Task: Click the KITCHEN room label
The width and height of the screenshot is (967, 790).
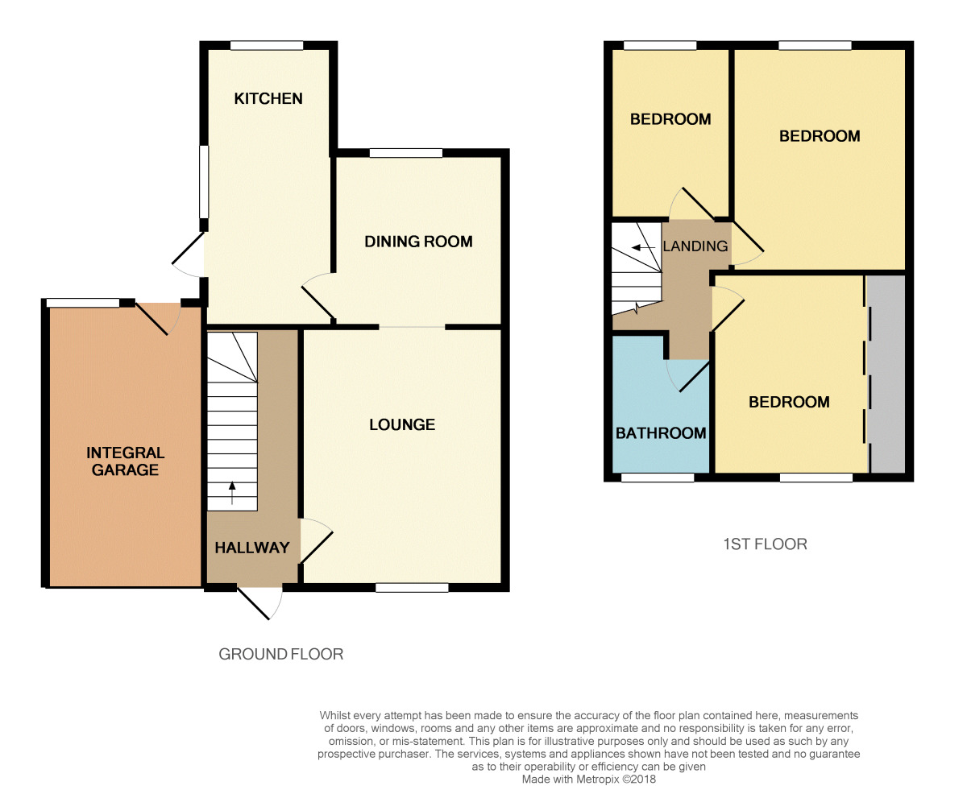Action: [268, 98]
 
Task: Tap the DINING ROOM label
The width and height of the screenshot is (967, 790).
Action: [418, 242]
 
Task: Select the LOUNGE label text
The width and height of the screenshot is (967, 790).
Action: [402, 424]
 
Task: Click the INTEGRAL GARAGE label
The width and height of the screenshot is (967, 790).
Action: [125, 461]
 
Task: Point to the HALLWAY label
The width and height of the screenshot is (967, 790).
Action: [251, 548]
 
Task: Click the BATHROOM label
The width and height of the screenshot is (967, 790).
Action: [661, 433]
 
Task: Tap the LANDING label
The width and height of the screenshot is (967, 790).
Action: [695, 246]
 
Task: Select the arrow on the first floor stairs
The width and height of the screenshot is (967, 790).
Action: [640, 247]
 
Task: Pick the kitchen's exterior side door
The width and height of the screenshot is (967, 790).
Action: [189, 254]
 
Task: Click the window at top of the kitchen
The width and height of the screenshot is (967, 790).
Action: [267, 46]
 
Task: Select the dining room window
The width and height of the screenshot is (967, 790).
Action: [406, 153]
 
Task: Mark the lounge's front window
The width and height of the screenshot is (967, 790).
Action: [412, 588]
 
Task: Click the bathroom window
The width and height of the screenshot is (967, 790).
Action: [658, 478]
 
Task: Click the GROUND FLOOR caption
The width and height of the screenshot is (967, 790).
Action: [280, 654]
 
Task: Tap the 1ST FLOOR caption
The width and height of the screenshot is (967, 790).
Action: [763, 544]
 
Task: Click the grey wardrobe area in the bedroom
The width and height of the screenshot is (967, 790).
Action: [886, 374]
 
